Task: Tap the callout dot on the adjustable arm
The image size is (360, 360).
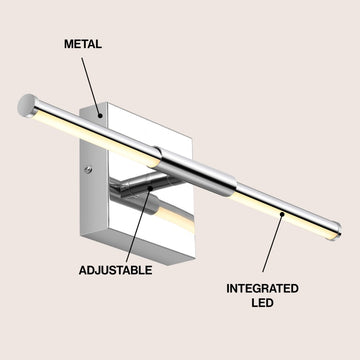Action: coord(151,184)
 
